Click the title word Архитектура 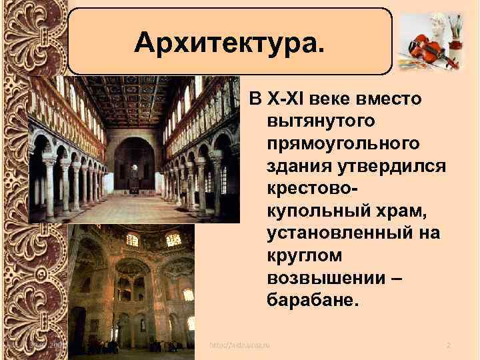click(230, 43)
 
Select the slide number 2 click(448, 345)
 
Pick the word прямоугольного click(343, 143)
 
